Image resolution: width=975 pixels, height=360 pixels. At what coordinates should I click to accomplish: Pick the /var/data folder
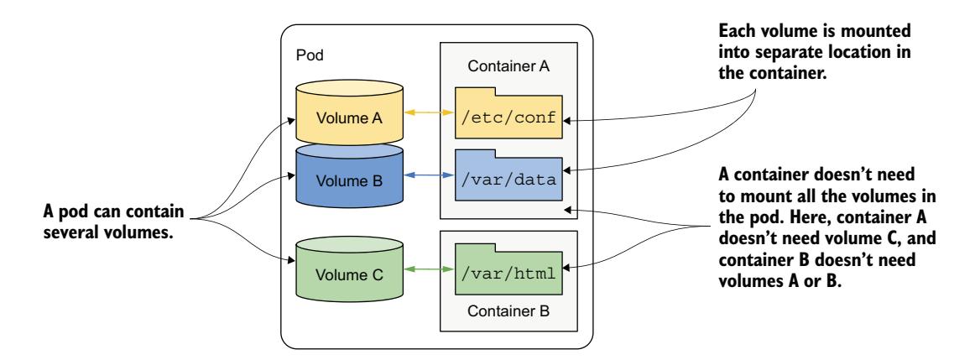click(x=508, y=178)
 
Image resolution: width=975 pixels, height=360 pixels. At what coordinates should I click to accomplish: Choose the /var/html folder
click(x=508, y=270)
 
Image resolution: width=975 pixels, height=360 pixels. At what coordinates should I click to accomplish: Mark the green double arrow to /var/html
click(x=426, y=270)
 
